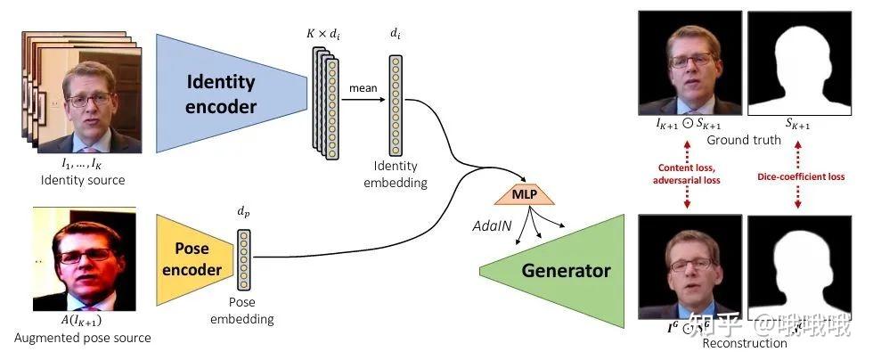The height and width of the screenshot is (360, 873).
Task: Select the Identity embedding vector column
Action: coord(395,105)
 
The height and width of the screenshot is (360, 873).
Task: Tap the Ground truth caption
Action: coord(743,140)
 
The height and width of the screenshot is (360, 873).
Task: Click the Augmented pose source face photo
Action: coord(84,258)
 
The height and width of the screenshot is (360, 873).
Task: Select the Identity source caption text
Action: coord(83,181)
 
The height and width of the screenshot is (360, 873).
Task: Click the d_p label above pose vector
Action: coord(243,212)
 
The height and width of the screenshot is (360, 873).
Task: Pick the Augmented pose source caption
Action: coord(83,338)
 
